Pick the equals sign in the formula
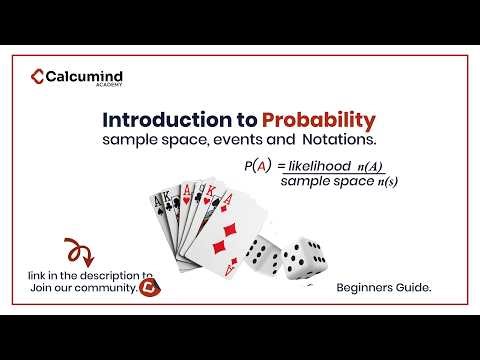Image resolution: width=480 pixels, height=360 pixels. pyautogui.click(x=281, y=165)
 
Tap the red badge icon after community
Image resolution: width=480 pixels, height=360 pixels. pyautogui.click(x=152, y=286)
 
